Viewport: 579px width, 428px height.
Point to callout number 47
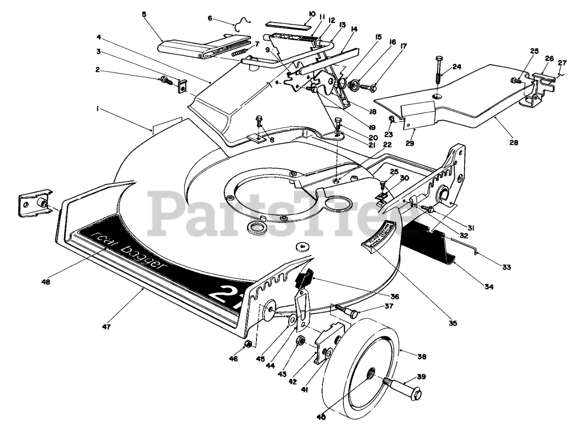pyautogui.click(x=107, y=326)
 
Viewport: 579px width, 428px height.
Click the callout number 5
pyautogui.click(x=144, y=14)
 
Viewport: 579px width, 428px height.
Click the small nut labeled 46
pyautogui.click(x=247, y=345)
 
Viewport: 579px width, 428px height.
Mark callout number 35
pyautogui.click(x=453, y=323)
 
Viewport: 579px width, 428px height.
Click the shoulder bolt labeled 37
pyautogui.click(x=348, y=311)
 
